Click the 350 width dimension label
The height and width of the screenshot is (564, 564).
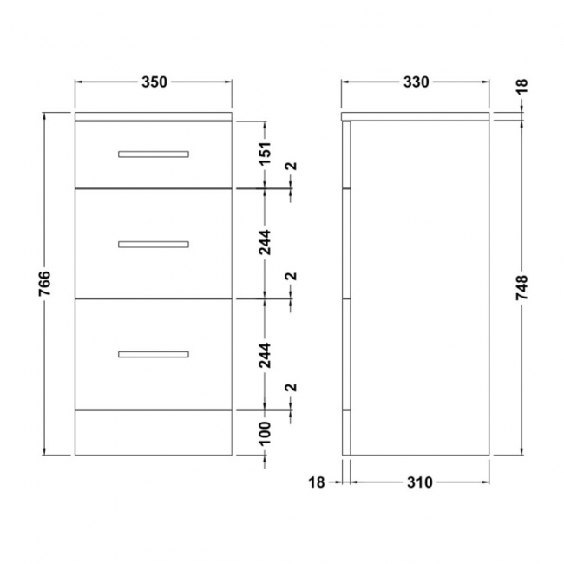click(x=154, y=82)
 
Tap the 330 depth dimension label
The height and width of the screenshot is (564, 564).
click(x=416, y=82)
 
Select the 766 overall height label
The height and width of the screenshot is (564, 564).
click(x=45, y=283)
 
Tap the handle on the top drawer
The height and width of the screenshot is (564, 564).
click(x=154, y=154)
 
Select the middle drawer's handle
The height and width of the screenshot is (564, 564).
click(x=154, y=244)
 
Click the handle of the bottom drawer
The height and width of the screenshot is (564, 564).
click(x=154, y=354)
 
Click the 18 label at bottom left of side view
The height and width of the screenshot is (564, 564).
click(x=316, y=482)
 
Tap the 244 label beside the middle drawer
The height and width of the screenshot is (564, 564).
click(x=266, y=242)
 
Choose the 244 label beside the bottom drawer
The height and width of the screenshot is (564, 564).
click(x=266, y=353)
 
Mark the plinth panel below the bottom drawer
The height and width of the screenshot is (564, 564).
click(x=154, y=431)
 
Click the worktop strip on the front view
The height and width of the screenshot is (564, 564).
click(x=154, y=115)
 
